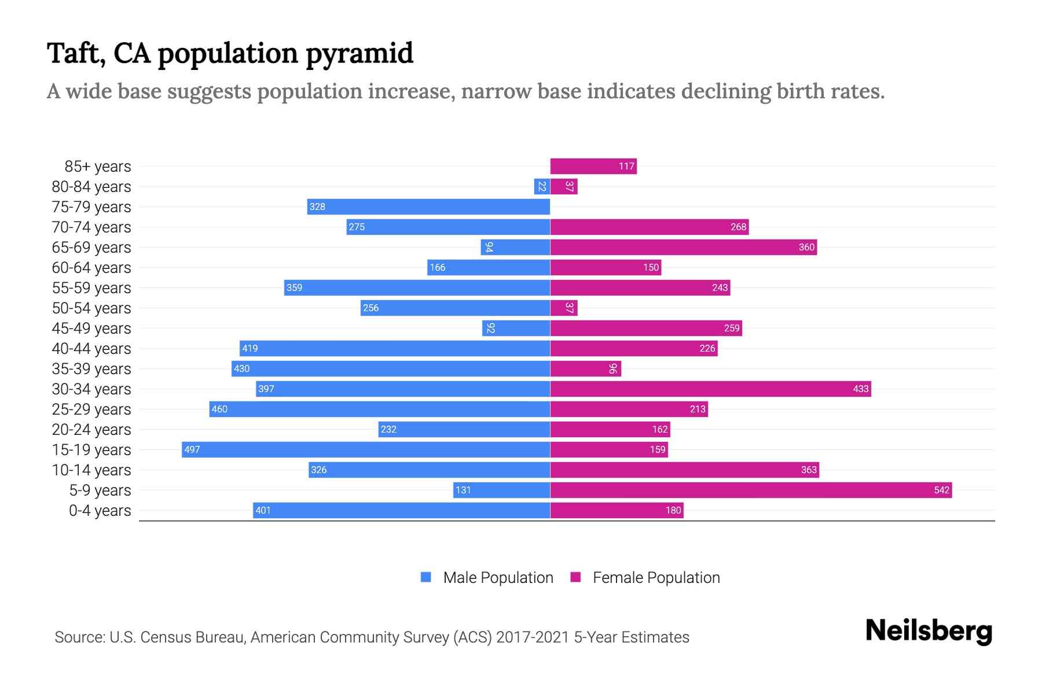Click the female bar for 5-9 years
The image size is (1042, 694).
(751, 490)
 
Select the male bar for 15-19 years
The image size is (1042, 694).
(366, 449)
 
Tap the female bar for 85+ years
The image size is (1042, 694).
(593, 166)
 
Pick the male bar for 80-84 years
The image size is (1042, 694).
(542, 186)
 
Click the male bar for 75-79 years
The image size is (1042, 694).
(428, 206)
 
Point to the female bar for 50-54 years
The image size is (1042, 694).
(563, 308)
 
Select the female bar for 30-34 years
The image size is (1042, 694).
(710, 389)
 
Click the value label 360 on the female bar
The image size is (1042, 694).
(806, 247)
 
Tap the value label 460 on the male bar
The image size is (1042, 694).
(219, 409)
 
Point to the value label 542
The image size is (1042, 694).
(941, 490)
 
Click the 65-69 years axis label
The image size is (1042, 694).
(91, 247)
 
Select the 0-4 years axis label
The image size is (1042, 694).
(100, 510)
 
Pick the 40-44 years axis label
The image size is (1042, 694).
(91, 348)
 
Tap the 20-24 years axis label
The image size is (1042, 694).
(91, 429)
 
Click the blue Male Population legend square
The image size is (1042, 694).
(426, 577)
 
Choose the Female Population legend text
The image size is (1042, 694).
(656, 577)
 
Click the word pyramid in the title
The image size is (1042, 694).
(359, 53)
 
